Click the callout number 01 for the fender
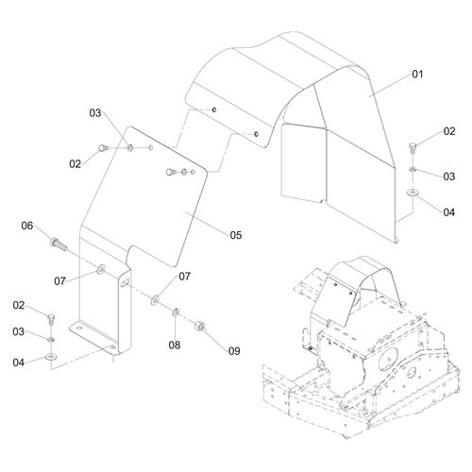coord(417,75)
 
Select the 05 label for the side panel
coord(236,235)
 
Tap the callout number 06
coord(27,226)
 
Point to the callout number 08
coord(175,345)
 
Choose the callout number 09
coord(234,351)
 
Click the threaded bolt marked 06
coord(59,244)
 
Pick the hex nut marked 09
coord(199,326)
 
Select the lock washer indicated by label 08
coord(176,312)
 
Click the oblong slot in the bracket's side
coord(124,282)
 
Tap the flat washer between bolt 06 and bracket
coord(101,269)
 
